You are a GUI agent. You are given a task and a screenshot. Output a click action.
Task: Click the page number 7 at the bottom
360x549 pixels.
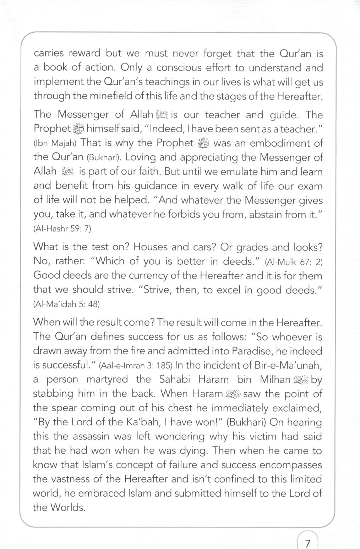point(307,543)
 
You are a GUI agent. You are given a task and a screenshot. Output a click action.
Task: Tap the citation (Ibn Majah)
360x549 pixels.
point(55,143)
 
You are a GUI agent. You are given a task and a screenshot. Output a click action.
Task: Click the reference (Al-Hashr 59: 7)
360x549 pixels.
point(62,228)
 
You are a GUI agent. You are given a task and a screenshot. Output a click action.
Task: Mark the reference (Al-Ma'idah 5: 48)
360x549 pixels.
point(66,304)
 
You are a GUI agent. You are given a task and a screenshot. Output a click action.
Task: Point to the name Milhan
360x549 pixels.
point(275,379)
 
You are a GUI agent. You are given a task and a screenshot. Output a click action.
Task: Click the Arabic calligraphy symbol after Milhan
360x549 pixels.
point(301,380)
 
